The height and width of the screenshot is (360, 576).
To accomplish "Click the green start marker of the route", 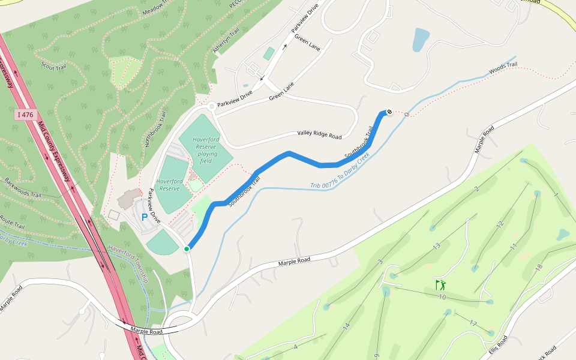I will coord(187,248).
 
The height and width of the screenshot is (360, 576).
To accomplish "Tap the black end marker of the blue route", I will coord(389,111).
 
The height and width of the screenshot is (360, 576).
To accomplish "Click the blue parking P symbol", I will coord(144,217).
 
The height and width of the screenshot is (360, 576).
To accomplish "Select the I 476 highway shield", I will coord(25,114).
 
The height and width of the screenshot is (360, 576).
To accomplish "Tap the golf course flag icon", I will coord(441,284).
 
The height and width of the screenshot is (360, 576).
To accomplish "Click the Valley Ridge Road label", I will coord(319,135).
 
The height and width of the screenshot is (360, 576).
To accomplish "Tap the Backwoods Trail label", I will coord(22,187).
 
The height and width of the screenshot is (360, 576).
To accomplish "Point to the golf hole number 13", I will coord(437,245).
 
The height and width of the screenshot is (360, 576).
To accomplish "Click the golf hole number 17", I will coord(473,324).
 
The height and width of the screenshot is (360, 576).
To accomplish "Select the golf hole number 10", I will coord(442,297).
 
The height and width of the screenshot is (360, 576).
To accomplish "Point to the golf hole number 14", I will coord(346,327).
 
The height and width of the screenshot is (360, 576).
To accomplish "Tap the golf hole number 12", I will coord(500,224).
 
